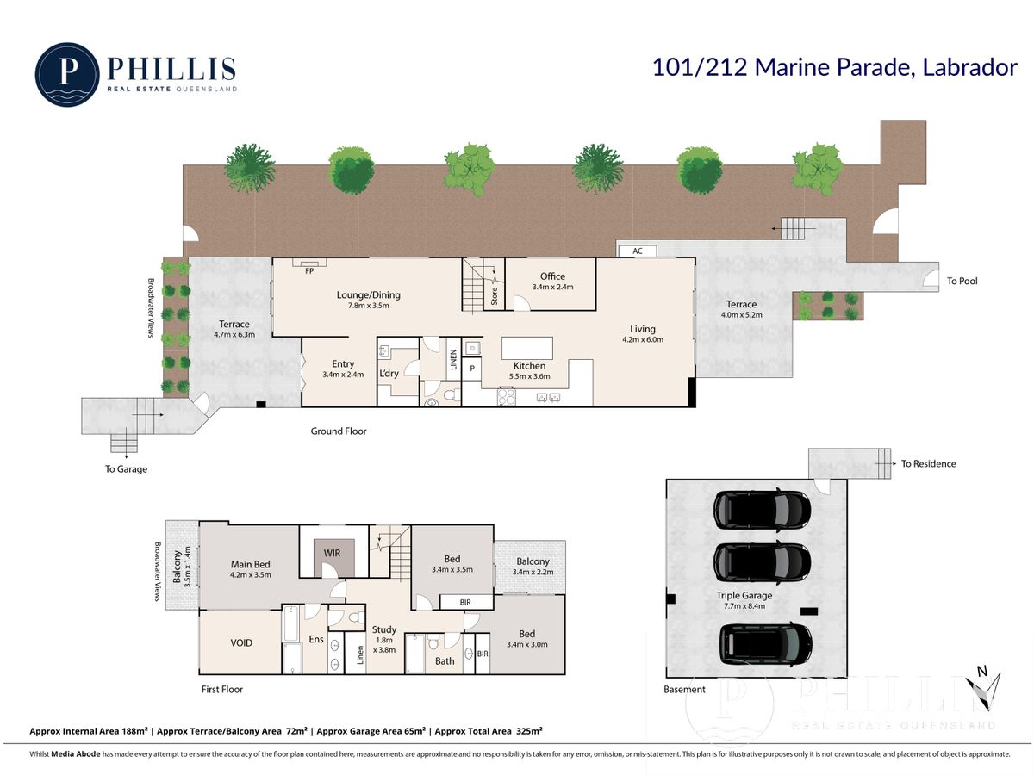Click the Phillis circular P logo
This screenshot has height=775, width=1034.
click(67, 74)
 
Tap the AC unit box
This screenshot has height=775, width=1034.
click(637, 251)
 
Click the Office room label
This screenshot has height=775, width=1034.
click(552, 276)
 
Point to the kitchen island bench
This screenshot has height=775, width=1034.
click(527, 348)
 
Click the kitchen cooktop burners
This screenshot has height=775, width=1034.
click(507, 397)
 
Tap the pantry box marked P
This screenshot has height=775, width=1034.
click(472, 369)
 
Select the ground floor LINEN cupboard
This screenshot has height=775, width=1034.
click(453, 359)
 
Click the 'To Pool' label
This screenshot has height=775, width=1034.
click(962, 281)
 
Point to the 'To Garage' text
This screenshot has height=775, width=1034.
click(126, 469)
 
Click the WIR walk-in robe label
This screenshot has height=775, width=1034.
click(332, 553)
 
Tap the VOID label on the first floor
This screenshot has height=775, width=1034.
click(241, 642)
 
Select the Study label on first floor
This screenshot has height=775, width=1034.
click(384, 629)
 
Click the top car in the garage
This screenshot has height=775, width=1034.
click(762, 511)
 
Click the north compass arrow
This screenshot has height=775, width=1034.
click(984, 691)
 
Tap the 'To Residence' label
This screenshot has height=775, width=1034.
click(929, 463)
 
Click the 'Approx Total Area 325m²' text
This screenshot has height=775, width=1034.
click(489, 731)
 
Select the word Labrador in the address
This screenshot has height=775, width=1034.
click(970, 67)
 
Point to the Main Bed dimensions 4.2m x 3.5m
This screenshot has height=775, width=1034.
click(250, 574)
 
